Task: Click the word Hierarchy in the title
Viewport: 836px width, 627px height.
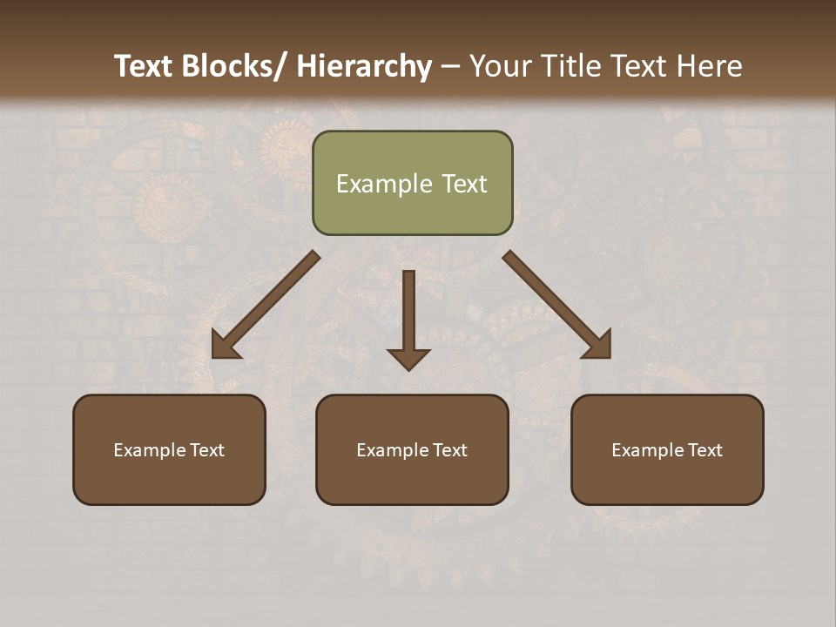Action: point(364,66)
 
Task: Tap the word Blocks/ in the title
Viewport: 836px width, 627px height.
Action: point(233,66)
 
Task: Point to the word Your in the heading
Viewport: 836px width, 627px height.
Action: point(499,66)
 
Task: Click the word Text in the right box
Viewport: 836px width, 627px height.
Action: point(705,450)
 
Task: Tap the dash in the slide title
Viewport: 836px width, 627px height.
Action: point(450,67)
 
